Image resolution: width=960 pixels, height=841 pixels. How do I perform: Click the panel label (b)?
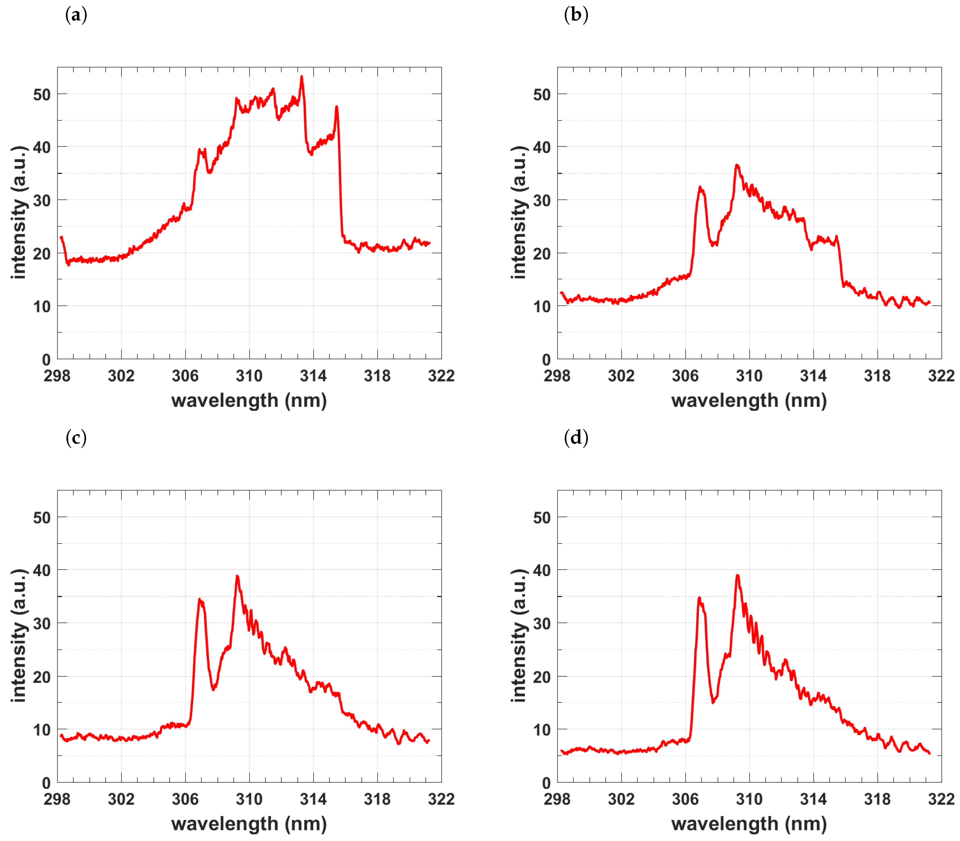[x=576, y=16]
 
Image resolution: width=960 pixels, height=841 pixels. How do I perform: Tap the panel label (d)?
[x=576, y=438]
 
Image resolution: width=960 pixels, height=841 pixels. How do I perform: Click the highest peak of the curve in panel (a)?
[x=301, y=76]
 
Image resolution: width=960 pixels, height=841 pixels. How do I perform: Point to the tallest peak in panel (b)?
[x=737, y=165]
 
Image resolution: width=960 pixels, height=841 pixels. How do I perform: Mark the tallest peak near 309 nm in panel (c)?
[x=237, y=576]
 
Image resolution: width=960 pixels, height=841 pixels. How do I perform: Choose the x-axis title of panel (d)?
[x=749, y=824]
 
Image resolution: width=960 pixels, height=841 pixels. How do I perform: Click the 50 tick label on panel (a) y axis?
[x=42, y=95]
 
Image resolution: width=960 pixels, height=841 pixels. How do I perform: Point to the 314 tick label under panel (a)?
[x=313, y=376]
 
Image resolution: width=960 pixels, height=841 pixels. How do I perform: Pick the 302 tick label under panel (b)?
[x=621, y=376]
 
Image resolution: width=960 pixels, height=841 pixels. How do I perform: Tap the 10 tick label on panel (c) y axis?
[x=42, y=730]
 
